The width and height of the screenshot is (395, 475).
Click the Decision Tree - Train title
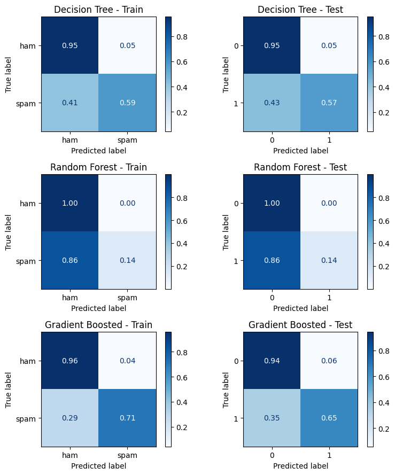tap(98, 10)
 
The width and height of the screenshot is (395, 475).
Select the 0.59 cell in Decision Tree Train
tap(127, 103)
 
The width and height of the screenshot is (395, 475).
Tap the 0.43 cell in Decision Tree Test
tap(272, 103)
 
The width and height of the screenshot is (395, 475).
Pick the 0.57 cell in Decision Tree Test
tap(329, 103)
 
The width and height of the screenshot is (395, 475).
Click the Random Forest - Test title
tap(300, 167)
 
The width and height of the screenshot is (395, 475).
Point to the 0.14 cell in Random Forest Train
tap(127, 261)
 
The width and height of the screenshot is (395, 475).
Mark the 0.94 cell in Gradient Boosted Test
tap(272, 361)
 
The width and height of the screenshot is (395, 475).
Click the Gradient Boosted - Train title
tap(98, 325)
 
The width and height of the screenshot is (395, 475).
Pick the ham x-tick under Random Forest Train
tap(69, 298)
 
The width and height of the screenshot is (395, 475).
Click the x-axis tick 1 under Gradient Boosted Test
tap(329, 455)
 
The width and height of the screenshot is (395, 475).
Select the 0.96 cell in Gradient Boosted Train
tap(69, 361)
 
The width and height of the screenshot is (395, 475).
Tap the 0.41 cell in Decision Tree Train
tap(69, 103)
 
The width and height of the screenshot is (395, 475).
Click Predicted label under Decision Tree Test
tap(300, 150)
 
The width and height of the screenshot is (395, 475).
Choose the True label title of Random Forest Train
tap(9, 232)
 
